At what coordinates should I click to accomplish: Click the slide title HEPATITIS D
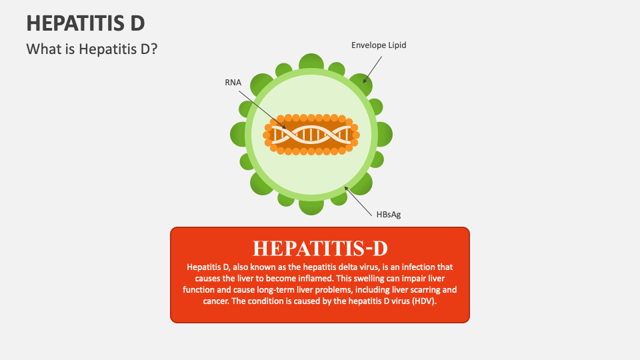85,23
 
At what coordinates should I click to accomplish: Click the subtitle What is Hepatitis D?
91,49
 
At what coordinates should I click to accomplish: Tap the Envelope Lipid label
379,45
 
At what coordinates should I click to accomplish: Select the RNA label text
233,83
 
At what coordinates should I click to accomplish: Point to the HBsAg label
389,214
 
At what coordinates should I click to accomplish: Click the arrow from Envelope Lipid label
373,69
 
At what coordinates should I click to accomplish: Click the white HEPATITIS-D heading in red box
320,248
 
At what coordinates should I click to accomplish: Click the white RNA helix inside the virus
311,134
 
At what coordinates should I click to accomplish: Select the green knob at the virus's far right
383,134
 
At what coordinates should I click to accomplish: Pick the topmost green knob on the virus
311,63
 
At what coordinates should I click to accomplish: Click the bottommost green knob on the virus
311,206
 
